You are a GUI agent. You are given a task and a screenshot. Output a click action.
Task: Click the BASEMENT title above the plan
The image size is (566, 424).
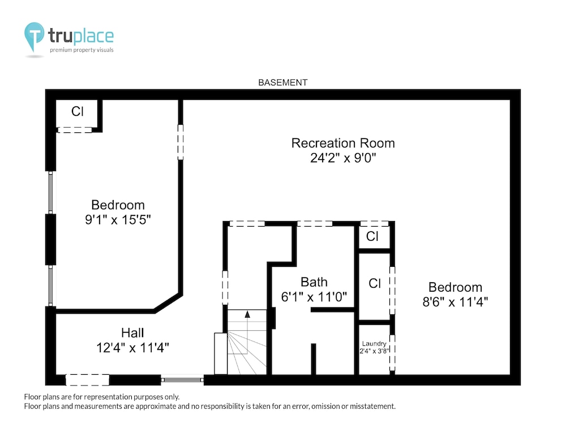click(282, 83)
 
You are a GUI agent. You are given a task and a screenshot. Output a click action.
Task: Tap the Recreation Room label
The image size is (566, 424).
click(343, 143)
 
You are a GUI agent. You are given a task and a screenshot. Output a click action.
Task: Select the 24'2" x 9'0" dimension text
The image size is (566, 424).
click(343, 158)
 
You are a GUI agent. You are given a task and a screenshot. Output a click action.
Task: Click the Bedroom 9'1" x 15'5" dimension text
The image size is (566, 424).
click(118, 219)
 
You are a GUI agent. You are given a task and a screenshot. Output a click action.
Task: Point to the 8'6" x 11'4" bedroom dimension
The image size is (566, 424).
click(455, 302)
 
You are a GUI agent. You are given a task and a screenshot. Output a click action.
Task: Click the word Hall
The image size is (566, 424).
click(132, 333)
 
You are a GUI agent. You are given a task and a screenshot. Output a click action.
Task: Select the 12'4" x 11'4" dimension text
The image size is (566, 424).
click(132, 348)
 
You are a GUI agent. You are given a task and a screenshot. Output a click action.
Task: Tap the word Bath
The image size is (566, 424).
click(314, 282)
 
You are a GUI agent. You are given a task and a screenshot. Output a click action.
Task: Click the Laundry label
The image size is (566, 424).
click(374, 344)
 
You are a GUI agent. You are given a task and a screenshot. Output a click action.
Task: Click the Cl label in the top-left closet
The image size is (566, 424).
click(77, 111)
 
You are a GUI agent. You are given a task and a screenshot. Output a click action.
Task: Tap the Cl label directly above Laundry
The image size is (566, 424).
click(375, 283)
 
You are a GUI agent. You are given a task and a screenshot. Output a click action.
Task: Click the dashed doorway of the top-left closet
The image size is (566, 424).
click(75, 130)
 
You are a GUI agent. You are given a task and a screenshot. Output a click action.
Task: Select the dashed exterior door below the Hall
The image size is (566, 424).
click(87, 380)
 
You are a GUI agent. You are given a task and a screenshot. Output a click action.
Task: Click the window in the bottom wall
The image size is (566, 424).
click(182, 380)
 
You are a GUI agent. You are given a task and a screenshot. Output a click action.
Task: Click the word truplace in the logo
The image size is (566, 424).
click(81, 36)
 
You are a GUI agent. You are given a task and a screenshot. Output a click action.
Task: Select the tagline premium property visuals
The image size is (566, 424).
click(82, 50)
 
